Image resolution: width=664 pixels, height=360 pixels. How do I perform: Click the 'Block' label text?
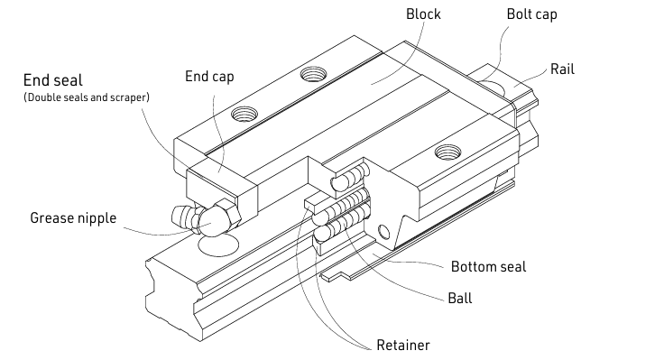[423, 14]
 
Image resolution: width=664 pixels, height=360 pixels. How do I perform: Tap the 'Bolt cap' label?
[531, 14]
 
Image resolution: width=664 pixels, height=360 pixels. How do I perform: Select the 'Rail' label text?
[562, 69]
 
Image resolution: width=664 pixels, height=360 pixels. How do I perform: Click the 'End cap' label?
[209, 77]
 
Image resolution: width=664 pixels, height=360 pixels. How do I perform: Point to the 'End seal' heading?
[53, 80]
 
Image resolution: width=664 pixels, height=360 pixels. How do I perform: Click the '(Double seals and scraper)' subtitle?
[87, 97]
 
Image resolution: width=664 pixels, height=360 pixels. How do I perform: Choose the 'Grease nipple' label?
[73, 218]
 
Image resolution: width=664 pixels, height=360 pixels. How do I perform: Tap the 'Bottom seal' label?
[488, 267]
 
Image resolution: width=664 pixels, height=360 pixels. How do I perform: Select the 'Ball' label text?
[459, 298]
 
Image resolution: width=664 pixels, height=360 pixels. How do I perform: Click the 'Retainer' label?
[403, 346]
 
